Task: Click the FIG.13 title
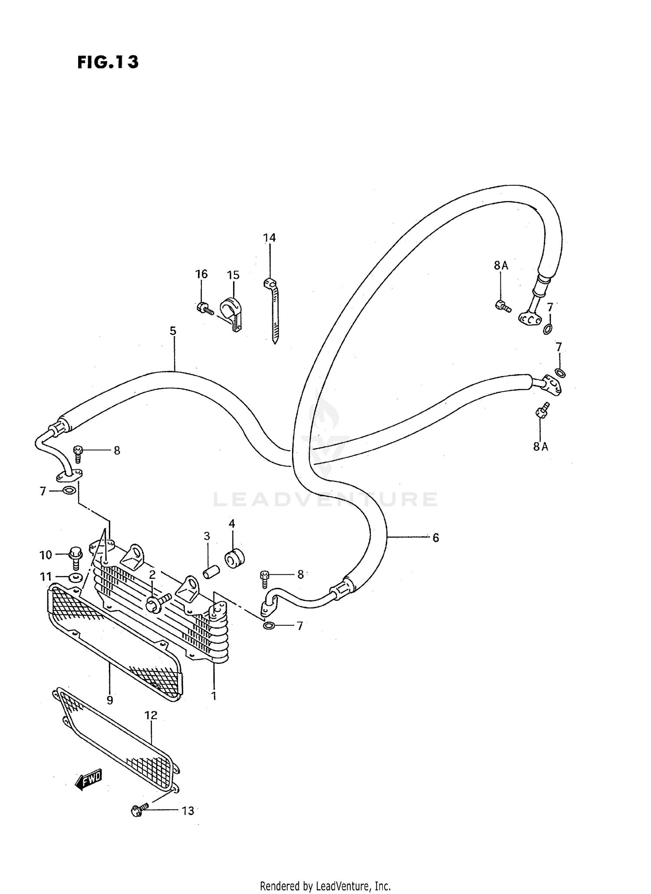pos(108,62)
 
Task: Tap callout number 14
pos(269,238)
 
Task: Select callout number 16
pos(201,274)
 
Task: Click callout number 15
pos(233,275)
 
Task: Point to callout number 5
pos(173,331)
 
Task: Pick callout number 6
pos(436,538)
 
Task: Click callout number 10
pos(46,554)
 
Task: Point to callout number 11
pos(46,577)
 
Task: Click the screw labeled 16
pos(204,308)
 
